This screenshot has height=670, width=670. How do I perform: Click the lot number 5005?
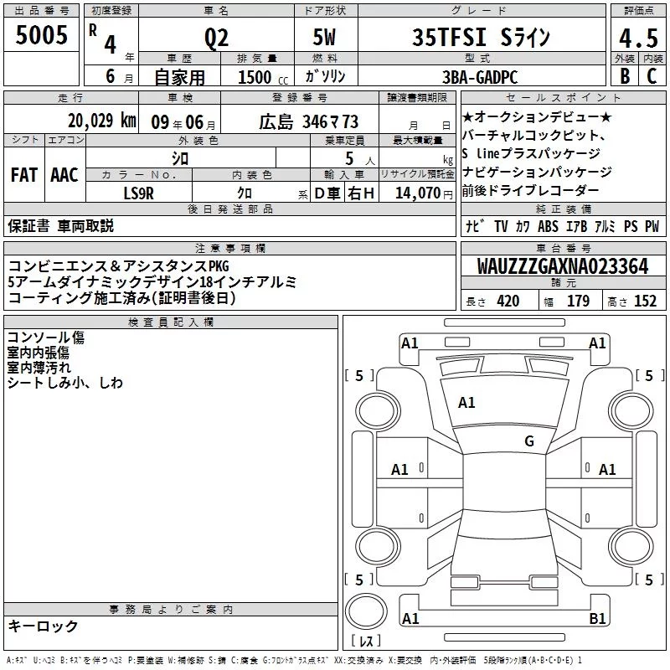click(x=41, y=35)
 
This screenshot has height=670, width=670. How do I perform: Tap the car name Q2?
click(x=216, y=38)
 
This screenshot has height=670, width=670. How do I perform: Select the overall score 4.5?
click(x=638, y=39)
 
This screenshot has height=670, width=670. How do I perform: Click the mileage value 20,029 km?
click(x=102, y=121)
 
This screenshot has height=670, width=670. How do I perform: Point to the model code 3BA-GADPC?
click(x=480, y=77)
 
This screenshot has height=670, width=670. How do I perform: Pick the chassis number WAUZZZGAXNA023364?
click(x=563, y=266)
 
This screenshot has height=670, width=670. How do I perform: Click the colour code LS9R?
click(x=138, y=193)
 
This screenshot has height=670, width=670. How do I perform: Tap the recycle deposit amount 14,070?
click(x=417, y=193)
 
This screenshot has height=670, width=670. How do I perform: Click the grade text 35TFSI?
click(x=449, y=37)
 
